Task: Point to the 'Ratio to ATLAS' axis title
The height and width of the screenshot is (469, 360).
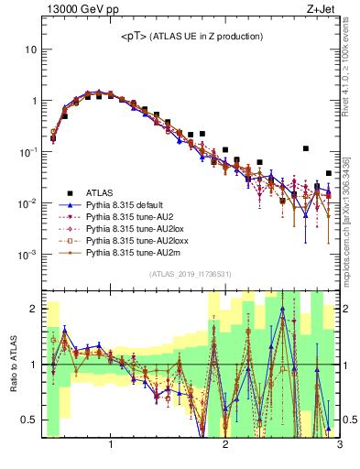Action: pos(13,365)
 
